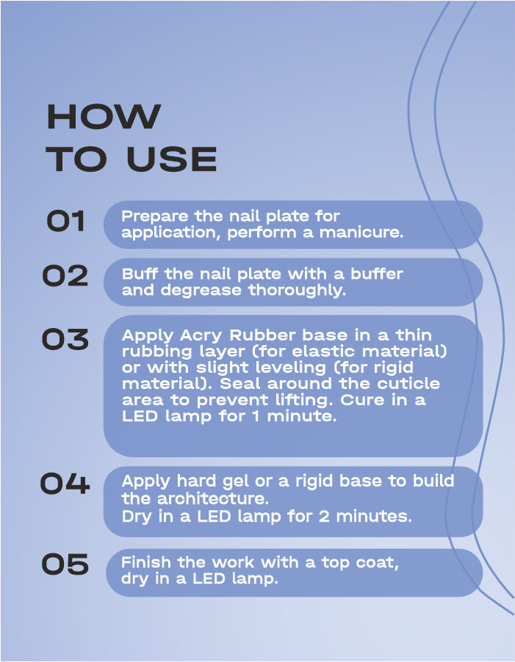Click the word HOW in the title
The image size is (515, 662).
[104, 117]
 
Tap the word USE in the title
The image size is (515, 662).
[171, 159]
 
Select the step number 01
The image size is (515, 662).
[65, 221]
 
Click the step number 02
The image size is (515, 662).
[65, 276]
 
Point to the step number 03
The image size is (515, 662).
[65, 340]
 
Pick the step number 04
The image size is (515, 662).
[65, 484]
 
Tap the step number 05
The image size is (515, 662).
[65, 564]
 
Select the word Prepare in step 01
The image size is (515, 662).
[155, 217]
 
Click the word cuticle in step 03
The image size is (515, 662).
[408, 383]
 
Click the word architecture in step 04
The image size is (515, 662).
[213, 498]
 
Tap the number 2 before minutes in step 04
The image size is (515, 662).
[324, 517]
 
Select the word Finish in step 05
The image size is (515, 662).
[146, 562]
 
